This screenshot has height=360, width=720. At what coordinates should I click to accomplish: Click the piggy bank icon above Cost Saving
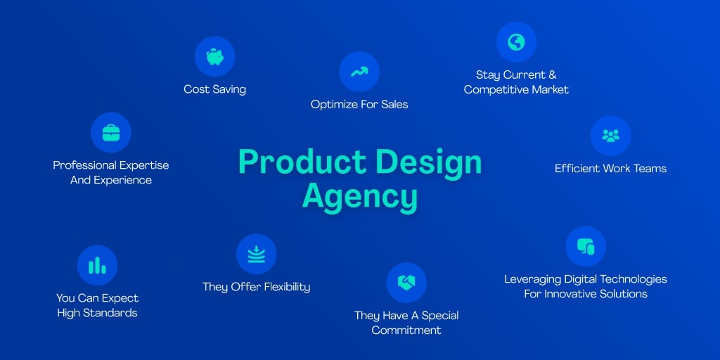215,57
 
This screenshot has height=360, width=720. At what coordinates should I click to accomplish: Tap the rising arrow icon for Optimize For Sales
359,72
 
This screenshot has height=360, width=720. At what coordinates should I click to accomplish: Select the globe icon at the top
516,42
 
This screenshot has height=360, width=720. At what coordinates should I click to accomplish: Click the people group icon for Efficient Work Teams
611,136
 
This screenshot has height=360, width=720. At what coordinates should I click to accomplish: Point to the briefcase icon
111,133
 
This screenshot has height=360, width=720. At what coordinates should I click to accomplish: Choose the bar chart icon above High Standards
97,265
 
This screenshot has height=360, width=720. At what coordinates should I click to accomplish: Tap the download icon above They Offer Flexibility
256,254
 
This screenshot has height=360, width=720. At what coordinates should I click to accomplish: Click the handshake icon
406,283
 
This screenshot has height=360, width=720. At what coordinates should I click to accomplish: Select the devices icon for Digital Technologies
586,247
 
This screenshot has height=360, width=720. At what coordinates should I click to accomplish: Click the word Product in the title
302,162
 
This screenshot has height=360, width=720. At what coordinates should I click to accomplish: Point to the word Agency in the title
360,197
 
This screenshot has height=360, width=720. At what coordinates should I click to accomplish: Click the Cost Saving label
215,89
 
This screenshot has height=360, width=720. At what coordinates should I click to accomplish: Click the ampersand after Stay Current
552,75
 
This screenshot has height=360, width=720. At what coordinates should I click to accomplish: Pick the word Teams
650,169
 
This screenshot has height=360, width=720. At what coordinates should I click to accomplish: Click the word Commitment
406,330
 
